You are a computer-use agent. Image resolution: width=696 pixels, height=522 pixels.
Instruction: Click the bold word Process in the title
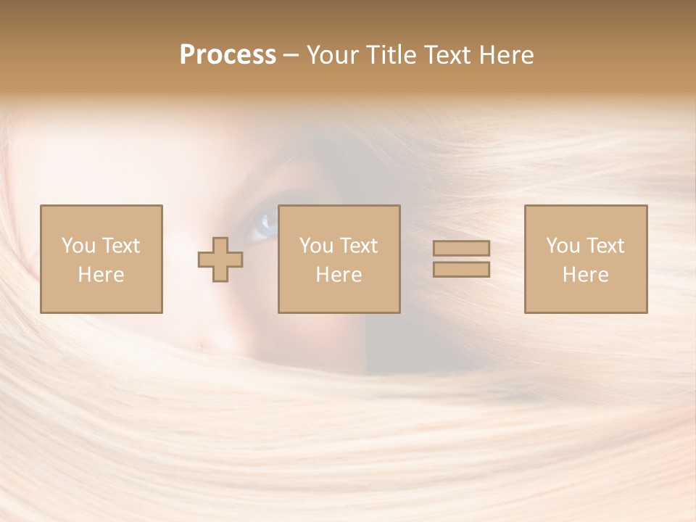point(228,55)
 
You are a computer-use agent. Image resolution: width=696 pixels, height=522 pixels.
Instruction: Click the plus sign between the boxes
point(220,260)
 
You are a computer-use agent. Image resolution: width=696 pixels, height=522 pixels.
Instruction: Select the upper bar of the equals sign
point(461,248)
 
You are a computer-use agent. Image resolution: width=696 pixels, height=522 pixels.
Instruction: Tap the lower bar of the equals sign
point(461,270)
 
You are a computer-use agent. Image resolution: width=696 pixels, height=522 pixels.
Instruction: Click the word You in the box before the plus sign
point(78,246)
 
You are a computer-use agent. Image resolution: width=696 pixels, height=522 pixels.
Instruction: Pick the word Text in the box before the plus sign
point(120,246)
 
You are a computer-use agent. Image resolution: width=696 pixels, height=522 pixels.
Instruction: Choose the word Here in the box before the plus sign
point(101,275)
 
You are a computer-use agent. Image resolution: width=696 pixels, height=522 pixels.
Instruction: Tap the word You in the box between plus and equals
point(316,246)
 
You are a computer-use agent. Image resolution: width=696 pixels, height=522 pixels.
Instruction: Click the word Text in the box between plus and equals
point(358,246)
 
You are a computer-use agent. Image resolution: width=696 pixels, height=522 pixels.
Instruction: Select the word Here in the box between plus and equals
point(339,275)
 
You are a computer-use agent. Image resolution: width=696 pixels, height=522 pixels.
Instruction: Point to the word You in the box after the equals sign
point(563,246)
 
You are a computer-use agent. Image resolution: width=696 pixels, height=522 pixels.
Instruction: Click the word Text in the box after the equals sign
point(605,246)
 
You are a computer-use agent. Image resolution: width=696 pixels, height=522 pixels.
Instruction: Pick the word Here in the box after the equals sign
point(585,275)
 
